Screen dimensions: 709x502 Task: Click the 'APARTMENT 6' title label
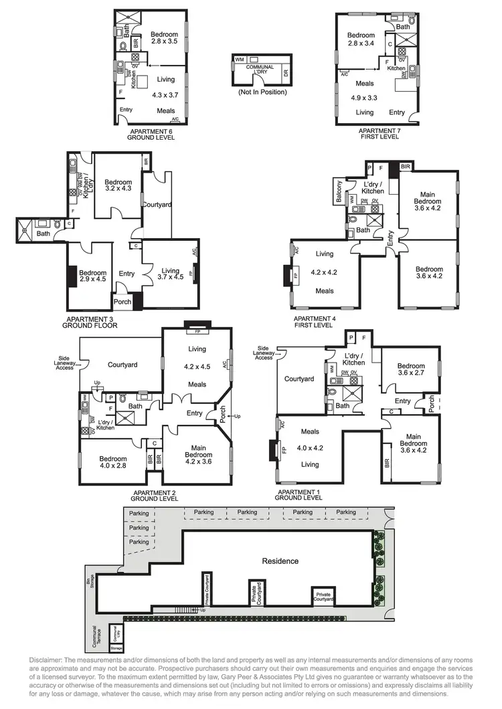pyautogui.click(x=151, y=132)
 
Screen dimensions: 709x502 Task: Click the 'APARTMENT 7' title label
pyautogui.click(x=379, y=131)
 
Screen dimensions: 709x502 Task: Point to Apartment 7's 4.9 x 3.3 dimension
pyautogui.click(x=365, y=98)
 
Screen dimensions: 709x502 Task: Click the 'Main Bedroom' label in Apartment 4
pyautogui.click(x=427, y=198)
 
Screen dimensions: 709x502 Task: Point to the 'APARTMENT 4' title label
pyautogui.click(x=313, y=320)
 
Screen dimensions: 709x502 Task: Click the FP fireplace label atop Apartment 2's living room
pyautogui.click(x=197, y=331)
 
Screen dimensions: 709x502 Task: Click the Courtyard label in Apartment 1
pyautogui.click(x=299, y=379)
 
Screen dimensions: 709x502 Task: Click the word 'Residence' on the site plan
pyautogui.click(x=280, y=561)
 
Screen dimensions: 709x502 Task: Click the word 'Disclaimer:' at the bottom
pyautogui.click(x=46, y=660)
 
